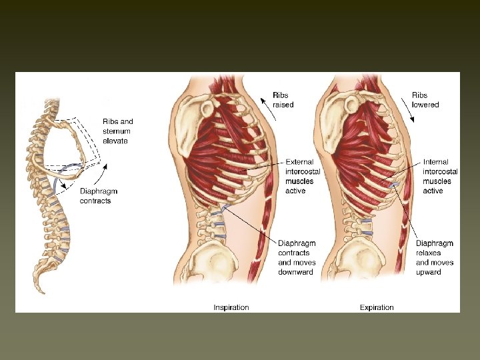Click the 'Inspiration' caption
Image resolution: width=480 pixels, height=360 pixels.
(x=231, y=307)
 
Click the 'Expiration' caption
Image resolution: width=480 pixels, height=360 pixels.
(x=377, y=307)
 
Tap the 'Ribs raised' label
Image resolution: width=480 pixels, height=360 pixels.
(x=282, y=100)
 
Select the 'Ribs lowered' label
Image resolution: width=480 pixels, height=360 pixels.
(x=425, y=100)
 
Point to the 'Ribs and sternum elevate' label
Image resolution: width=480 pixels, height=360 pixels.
(x=118, y=131)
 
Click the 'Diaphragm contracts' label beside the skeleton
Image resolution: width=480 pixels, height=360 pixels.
(x=95, y=196)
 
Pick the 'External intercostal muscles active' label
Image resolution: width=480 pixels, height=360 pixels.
(x=303, y=176)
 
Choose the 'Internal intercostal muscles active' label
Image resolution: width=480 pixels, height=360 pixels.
(x=441, y=176)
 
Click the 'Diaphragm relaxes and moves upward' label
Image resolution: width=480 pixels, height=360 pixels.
(x=435, y=257)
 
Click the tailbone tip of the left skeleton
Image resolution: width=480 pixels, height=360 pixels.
(x=42, y=291)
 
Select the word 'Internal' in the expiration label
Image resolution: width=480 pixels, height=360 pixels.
(x=436, y=161)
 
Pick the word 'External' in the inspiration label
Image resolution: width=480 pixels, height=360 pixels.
(x=300, y=161)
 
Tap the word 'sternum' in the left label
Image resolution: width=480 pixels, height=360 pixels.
(x=117, y=131)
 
